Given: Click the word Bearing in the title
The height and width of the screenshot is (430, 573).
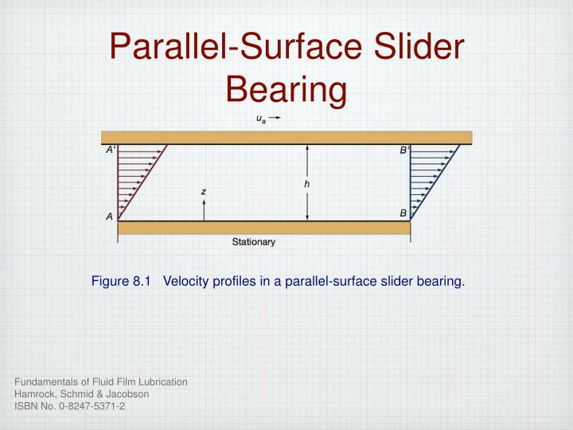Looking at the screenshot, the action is [x=286, y=90].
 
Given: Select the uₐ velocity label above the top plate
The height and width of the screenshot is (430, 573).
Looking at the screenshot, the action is [x=261, y=119].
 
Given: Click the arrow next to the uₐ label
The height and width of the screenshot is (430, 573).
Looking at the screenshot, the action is [x=275, y=117].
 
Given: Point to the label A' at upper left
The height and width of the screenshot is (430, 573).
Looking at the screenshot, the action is [x=110, y=150].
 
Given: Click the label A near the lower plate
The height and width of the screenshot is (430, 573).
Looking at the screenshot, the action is [x=109, y=217].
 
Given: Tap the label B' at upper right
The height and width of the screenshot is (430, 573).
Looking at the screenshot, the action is [x=404, y=150].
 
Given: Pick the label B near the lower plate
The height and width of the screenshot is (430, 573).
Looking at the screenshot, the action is [x=403, y=213].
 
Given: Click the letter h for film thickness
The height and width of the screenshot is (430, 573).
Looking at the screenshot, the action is [x=307, y=184].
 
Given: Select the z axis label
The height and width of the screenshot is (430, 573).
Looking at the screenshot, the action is [x=204, y=192].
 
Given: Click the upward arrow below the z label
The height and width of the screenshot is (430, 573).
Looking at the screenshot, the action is [x=204, y=210].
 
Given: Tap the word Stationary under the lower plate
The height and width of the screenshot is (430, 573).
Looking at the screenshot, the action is [x=254, y=242].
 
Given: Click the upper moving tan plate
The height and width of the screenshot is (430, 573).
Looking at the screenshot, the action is [x=286, y=138].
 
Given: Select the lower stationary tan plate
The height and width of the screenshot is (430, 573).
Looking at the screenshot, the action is [x=264, y=228].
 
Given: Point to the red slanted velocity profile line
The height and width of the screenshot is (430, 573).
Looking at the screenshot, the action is [x=142, y=183].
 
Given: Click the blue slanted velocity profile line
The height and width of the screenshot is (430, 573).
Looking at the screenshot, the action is [x=435, y=183].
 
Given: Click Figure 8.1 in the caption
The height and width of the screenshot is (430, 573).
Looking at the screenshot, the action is [x=121, y=281].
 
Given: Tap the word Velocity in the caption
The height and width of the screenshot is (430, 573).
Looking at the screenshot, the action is [x=185, y=281].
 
